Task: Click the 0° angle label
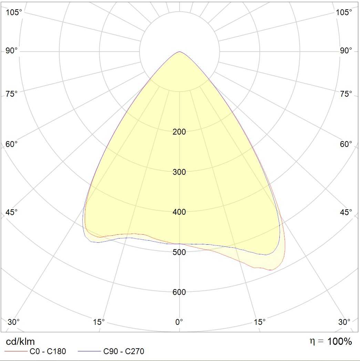tap(179, 322)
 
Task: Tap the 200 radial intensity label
tap(179, 132)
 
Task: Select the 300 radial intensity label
tap(179, 172)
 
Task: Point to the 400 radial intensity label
tap(179, 212)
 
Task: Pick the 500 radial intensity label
tap(179, 252)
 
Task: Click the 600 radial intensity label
tap(179, 292)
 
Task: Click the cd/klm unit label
tap(20, 341)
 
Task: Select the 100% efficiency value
tap(340, 341)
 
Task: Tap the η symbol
tap(312, 341)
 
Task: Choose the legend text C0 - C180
tap(48, 351)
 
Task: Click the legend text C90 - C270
tap(124, 351)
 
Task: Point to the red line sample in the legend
tap(16, 351)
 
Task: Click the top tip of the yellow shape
tap(179, 52)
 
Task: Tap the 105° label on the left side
tap(14, 12)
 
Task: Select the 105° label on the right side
tap(344, 12)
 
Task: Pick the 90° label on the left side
tap(12, 51)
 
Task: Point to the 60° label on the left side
tap(12, 144)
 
